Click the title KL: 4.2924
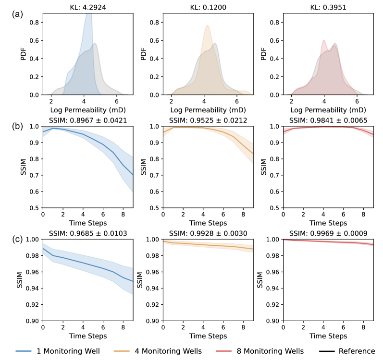(88, 8)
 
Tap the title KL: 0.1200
(208, 8)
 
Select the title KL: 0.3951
(328, 8)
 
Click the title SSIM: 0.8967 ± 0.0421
(88, 120)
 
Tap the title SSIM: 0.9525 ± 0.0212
(208, 120)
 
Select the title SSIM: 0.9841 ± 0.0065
(328, 120)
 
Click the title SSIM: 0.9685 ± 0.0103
(88, 234)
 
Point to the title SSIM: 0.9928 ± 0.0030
(208, 234)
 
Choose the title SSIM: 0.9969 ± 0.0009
(328, 234)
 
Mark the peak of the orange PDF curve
(207, 25)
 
